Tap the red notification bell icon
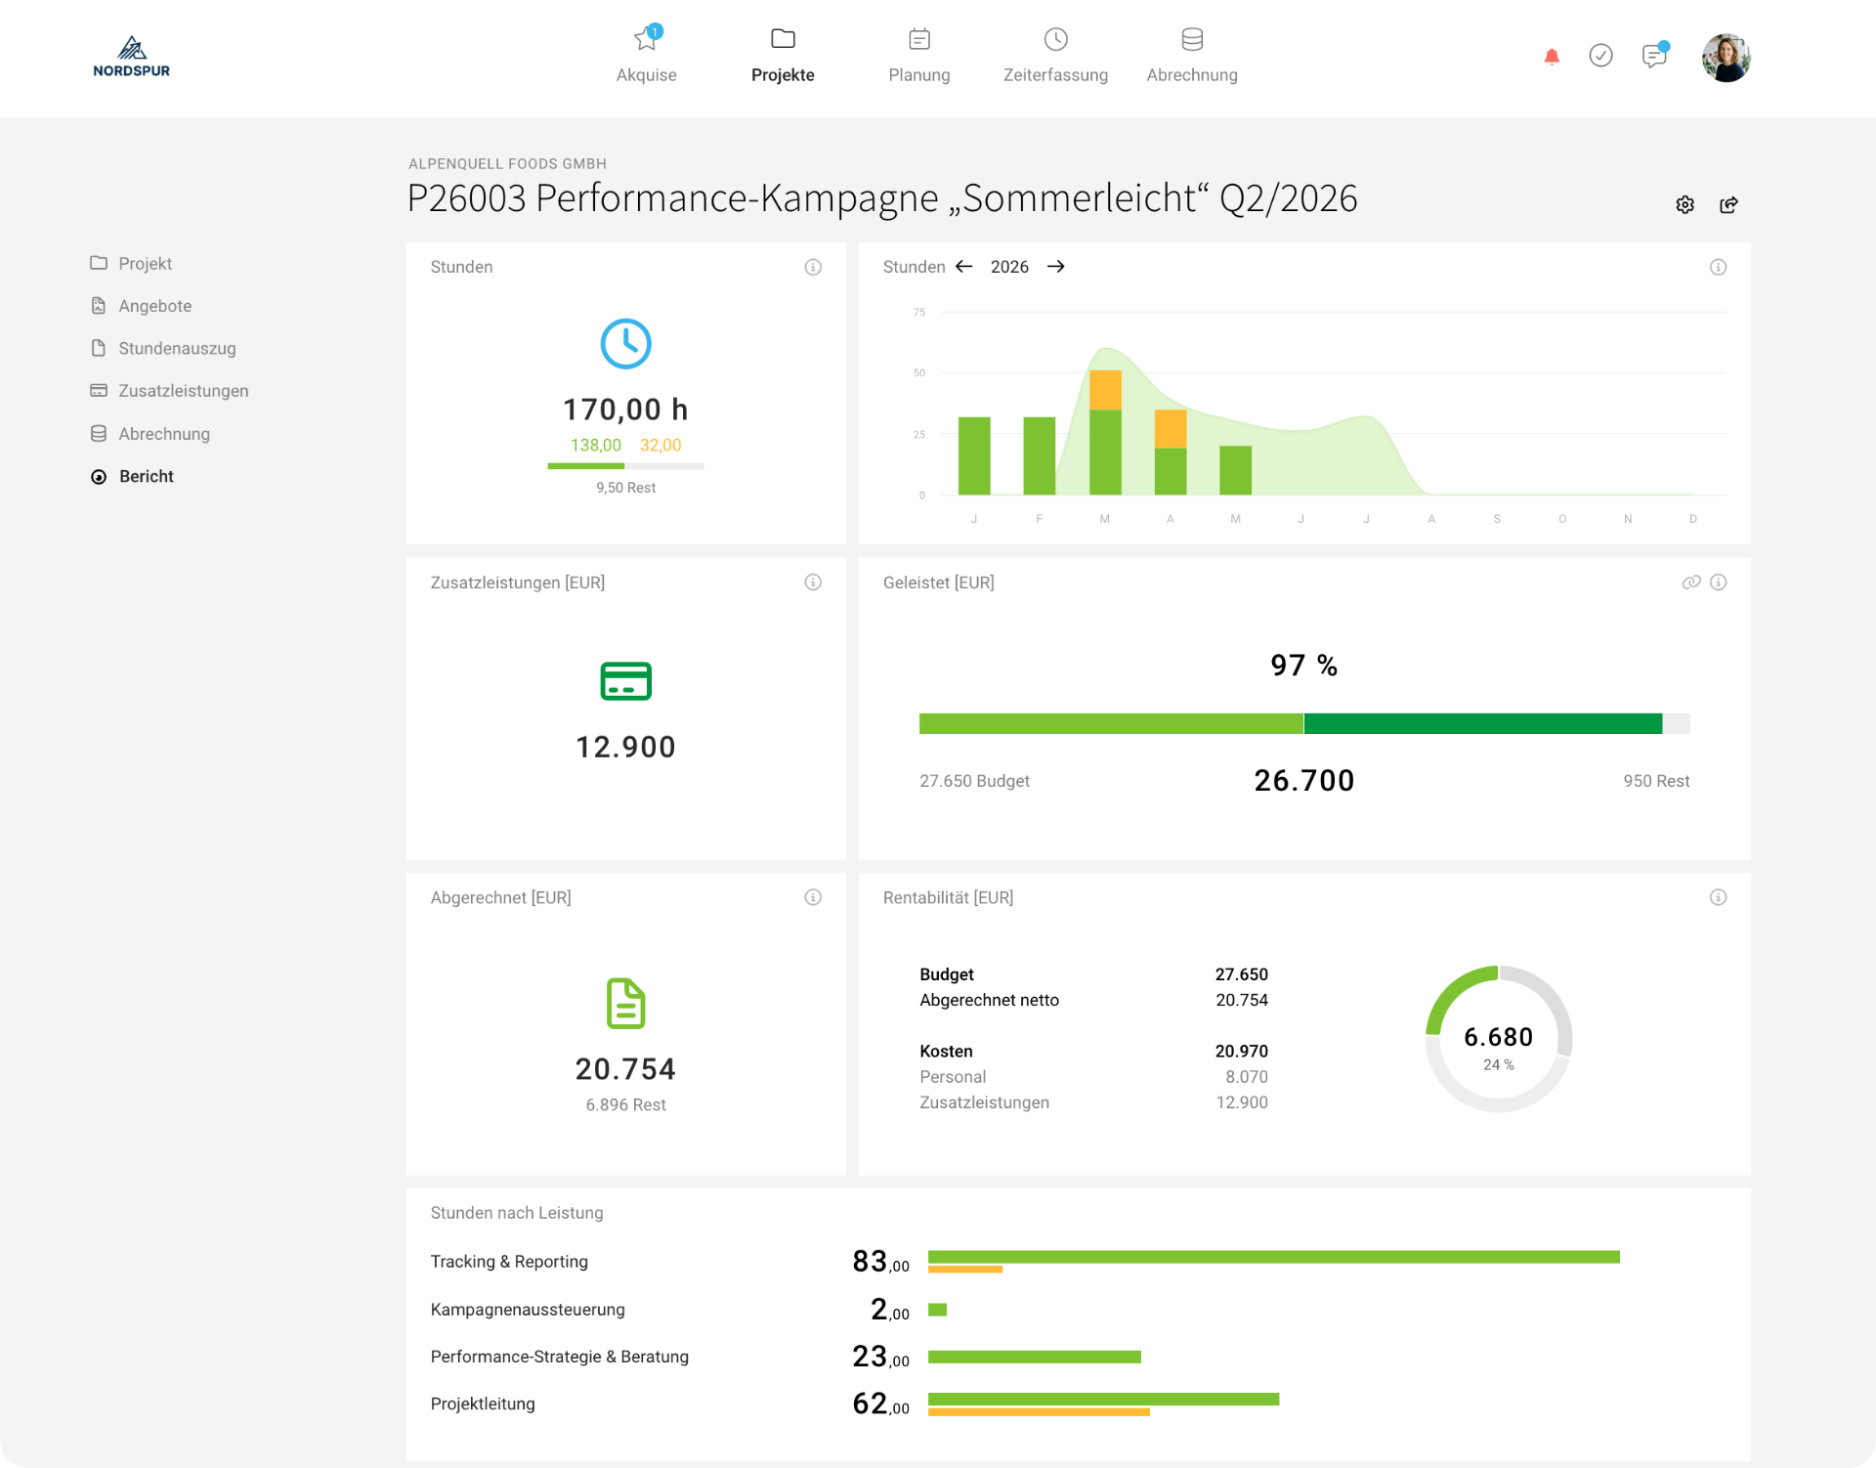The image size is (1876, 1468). [x=1552, y=57]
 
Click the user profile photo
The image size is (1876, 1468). [x=1726, y=58]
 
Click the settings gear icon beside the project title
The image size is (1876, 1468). [x=1684, y=204]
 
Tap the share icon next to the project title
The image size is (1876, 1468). [x=1728, y=204]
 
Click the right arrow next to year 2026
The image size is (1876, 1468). [x=1055, y=267]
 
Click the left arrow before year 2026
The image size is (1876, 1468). [x=963, y=267]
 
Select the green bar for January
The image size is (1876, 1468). [x=974, y=455]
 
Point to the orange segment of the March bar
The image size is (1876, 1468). [x=1105, y=390]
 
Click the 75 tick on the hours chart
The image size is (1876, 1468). [x=919, y=312]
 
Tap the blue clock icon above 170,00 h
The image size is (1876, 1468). [x=625, y=343]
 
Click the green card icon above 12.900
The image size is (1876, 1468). [x=625, y=681]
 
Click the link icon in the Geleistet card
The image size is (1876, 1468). [x=1691, y=583]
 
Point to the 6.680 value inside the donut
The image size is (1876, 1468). [x=1498, y=1037]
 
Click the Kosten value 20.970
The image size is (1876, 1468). [x=1241, y=1052]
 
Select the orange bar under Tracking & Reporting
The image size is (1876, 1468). [x=965, y=1270]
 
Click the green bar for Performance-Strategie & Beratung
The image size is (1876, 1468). [x=1035, y=1357]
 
